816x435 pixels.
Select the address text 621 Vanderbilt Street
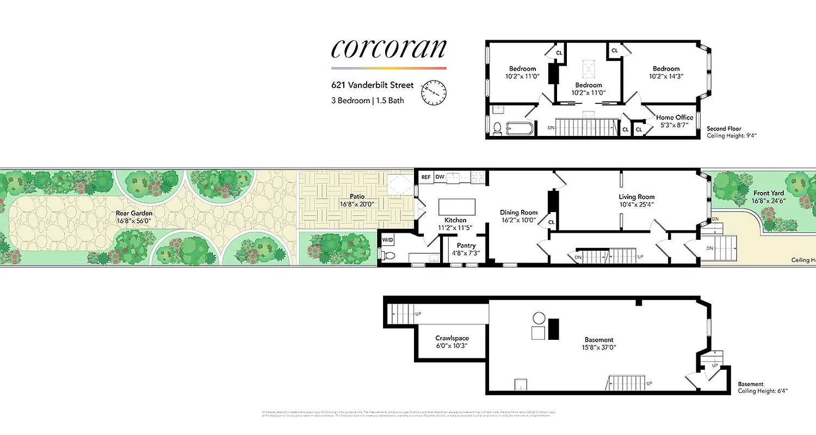pos(373,85)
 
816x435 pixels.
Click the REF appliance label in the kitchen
pos(425,177)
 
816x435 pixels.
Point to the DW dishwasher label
pos(440,177)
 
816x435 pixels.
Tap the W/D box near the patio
pos(387,240)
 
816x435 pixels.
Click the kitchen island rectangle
pos(456,207)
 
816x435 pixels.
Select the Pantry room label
pos(466,246)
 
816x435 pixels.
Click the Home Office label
pos(675,117)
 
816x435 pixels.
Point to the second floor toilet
pos(496,129)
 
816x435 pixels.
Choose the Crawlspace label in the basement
pos(452,338)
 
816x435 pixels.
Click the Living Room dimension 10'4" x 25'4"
pos(636,204)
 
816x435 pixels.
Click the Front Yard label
pos(769,193)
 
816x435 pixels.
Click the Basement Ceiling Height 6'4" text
pos(763,391)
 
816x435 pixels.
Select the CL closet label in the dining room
pos(551,222)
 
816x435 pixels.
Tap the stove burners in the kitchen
pos(478,176)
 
